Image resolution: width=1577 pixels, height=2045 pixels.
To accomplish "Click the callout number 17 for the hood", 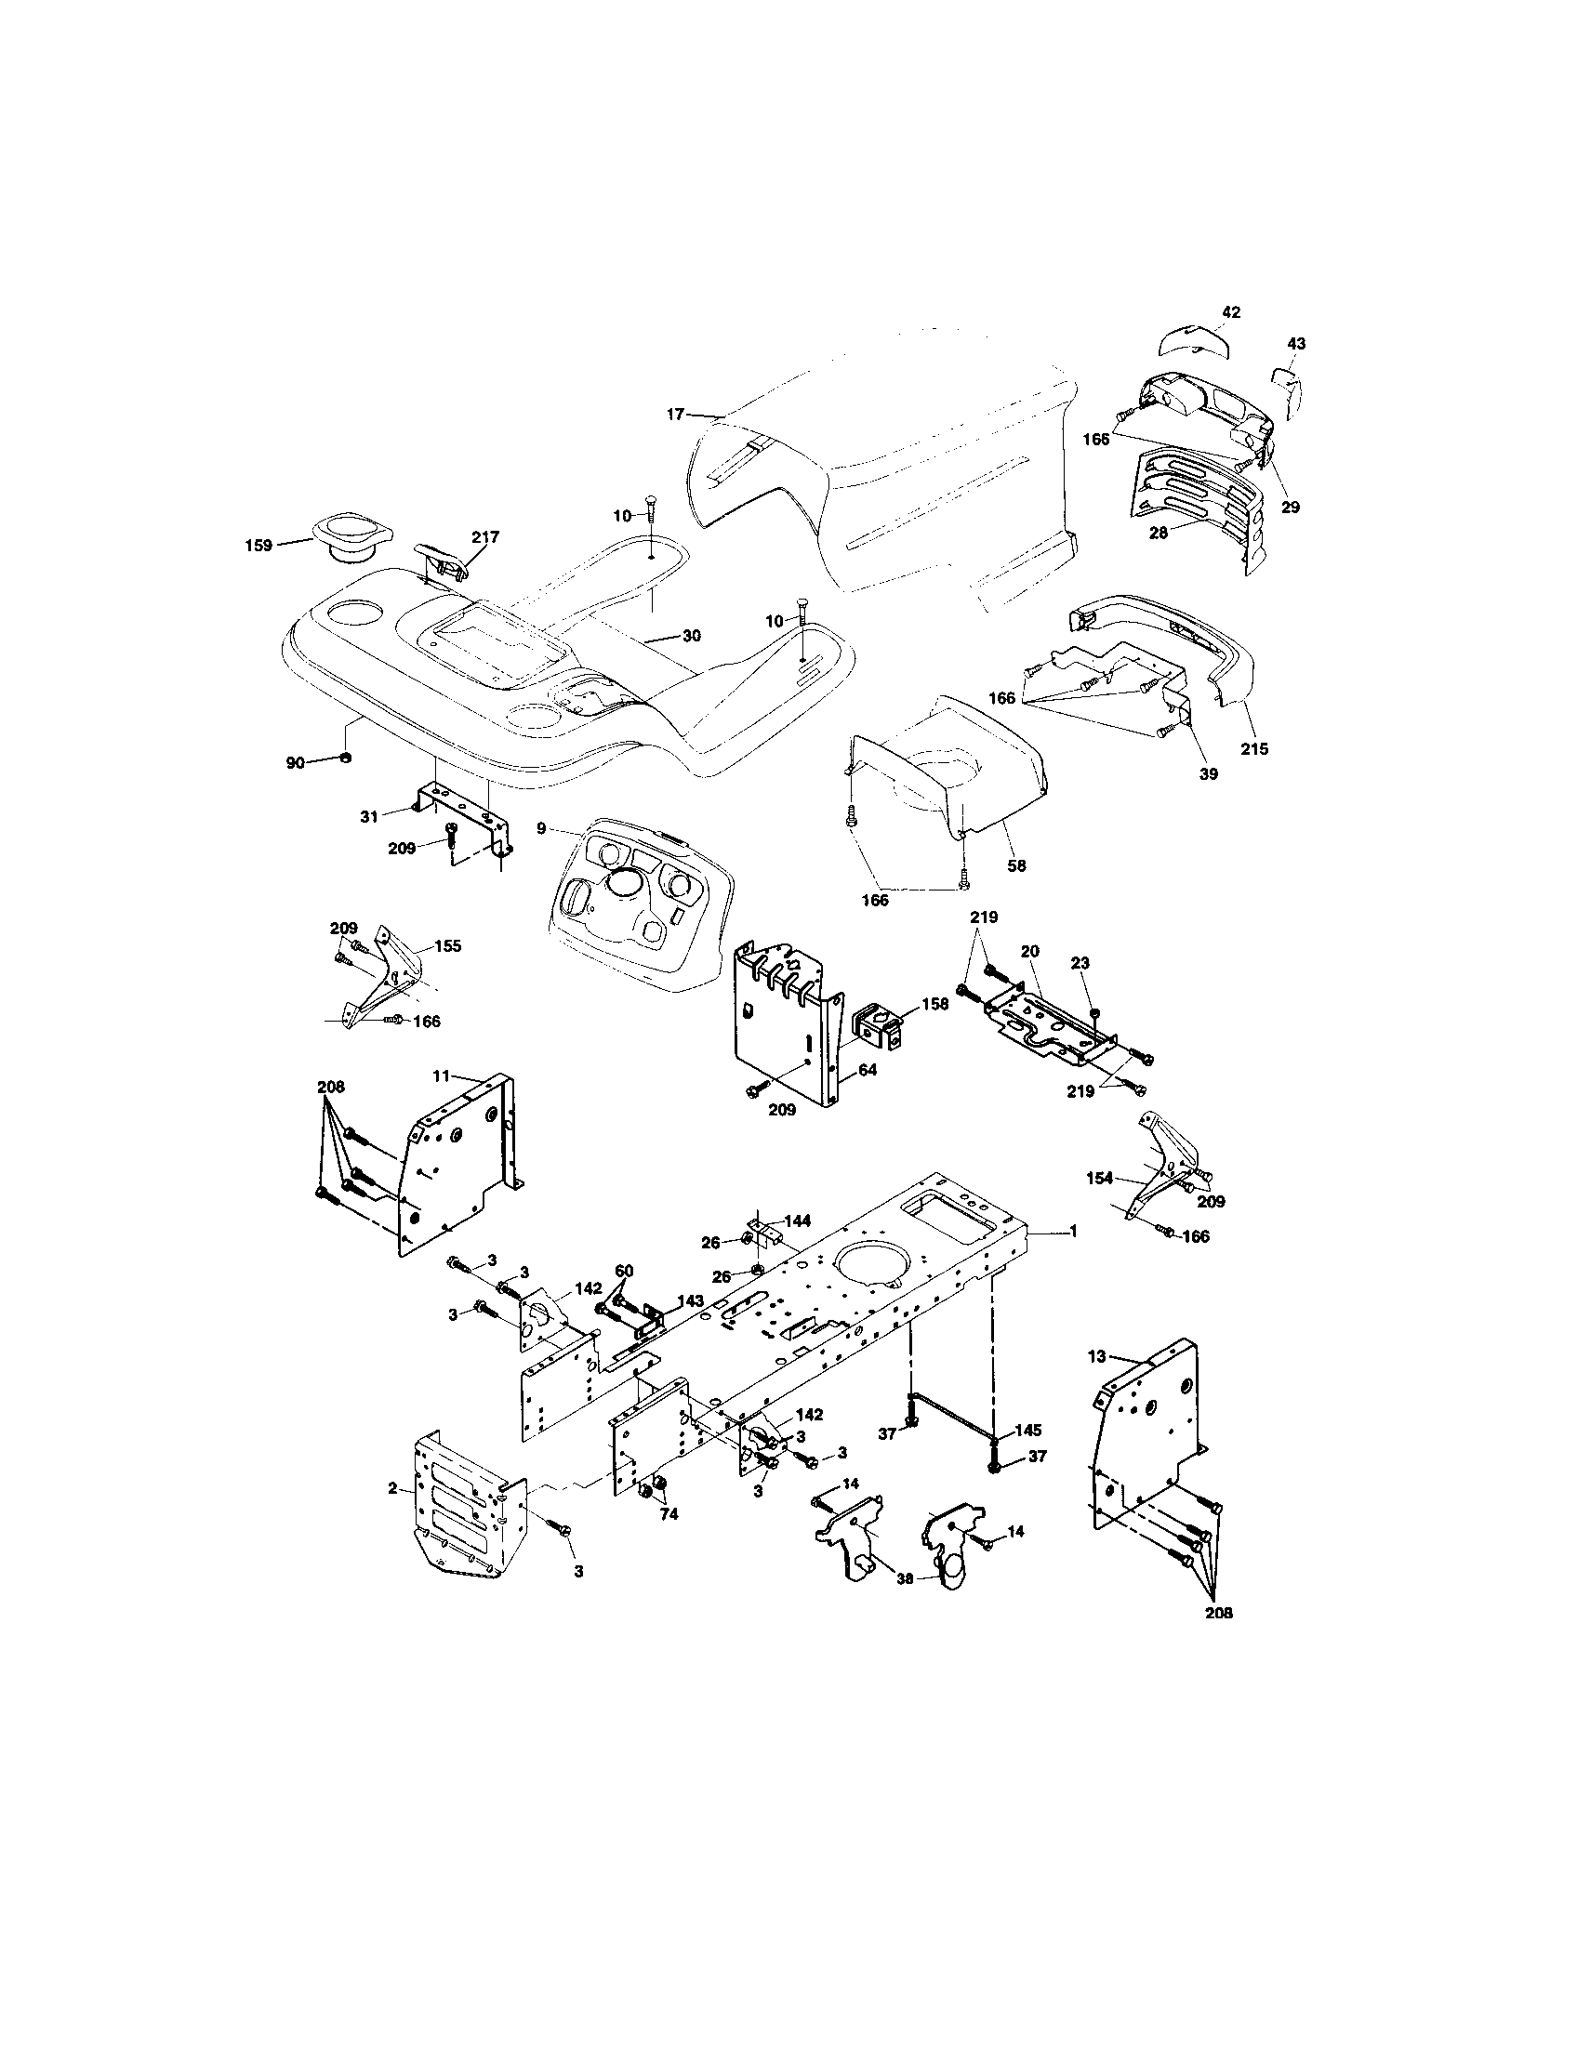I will pos(675,413).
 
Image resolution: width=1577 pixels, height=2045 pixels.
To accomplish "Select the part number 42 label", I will pos(1231,311).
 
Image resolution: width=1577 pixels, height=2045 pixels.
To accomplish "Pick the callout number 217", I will pos(485,536).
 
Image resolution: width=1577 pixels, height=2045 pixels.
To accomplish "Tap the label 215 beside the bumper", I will pos(1254,748).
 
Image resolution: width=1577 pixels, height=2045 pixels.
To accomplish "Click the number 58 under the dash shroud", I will pos(1016,865).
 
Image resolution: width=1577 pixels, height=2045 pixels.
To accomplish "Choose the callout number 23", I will pos(1080,963).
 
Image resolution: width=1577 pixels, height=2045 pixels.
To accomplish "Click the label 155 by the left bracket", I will pos(447,945).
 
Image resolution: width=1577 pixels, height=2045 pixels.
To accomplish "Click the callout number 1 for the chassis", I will pos(1073,1232).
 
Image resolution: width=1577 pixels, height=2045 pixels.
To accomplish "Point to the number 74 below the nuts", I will pos(669,1514).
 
